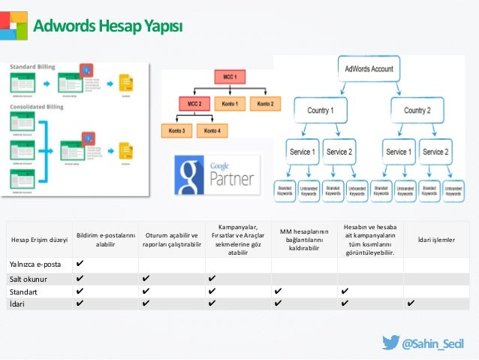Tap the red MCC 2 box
pyautogui.click(x=194, y=103)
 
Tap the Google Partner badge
pyautogui.click(x=216, y=174)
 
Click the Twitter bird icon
pyautogui.click(x=390, y=343)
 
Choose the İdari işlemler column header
pyautogui.click(x=436, y=240)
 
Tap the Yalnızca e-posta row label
pyautogui.click(x=35, y=265)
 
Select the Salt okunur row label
pyautogui.click(x=29, y=278)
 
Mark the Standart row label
pyautogui.click(x=25, y=291)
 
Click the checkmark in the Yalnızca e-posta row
pyautogui.click(x=80, y=265)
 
